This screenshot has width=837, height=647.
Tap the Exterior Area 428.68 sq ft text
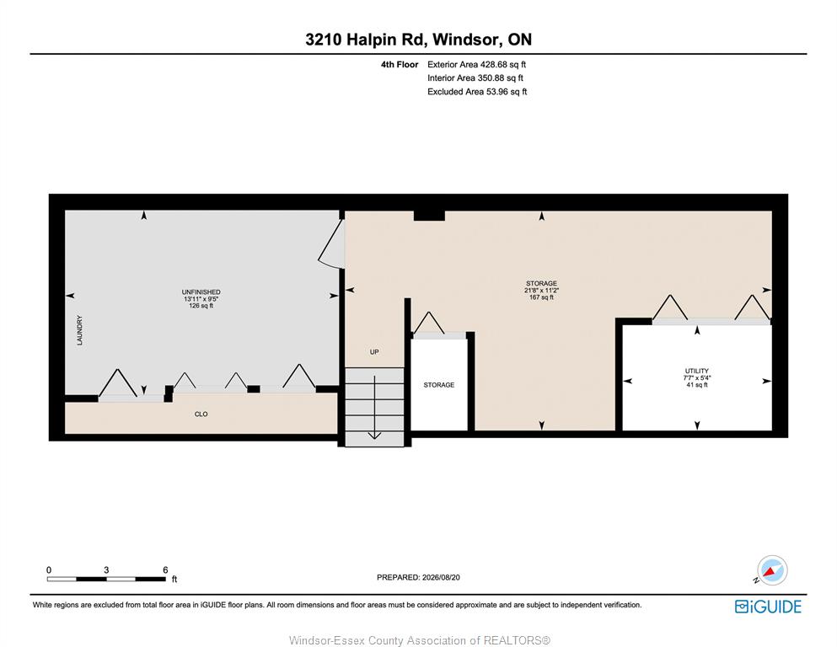(477, 65)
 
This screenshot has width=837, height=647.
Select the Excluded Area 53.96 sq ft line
(477, 92)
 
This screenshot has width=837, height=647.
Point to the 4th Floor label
(400, 65)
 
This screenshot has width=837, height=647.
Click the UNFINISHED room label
(201, 291)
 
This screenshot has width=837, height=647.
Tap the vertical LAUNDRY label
(80, 330)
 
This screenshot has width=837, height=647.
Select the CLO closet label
(201, 414)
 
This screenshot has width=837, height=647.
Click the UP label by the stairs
(374, 352)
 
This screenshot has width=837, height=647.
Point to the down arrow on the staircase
(374, 408)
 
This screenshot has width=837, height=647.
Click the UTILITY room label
(696, 371)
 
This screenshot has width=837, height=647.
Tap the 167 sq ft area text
(541, 297)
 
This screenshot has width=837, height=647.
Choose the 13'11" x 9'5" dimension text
(201, 299)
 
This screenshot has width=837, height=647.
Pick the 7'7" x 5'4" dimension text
(696, 377)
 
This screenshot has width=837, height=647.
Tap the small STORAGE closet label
(439, 384)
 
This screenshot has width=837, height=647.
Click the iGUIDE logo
(768, 607)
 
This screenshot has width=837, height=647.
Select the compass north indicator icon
(771, 570)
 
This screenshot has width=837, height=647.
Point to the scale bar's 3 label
(106, 569)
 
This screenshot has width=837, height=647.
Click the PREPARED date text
(418, 577)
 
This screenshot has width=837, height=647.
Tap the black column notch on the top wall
(429, 215)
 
